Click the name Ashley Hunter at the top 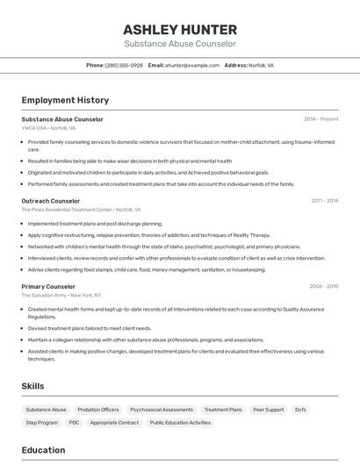179,28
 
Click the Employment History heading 65,100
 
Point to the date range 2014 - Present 320,119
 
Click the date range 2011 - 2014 324,201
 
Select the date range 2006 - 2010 323,286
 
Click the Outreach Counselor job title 50,201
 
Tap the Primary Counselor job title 48,286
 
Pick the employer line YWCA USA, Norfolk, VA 48,128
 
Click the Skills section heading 32,386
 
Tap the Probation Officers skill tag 98,410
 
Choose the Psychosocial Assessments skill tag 162,410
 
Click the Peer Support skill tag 268,410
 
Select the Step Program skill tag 41,422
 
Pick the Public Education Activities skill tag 180,422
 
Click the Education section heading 43,450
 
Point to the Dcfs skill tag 300,410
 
